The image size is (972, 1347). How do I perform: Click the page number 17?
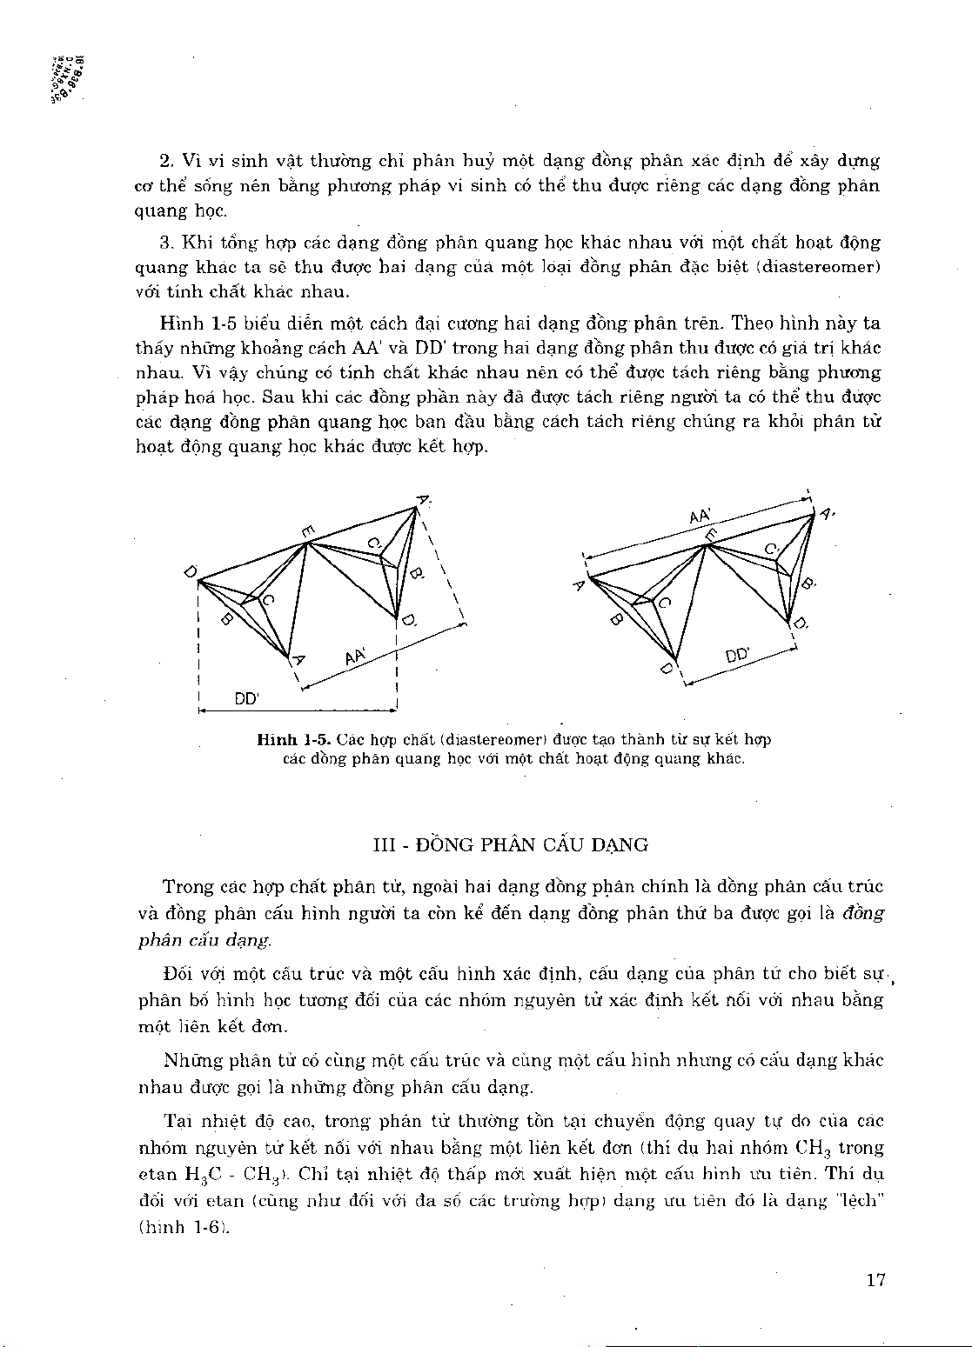(875, 1280)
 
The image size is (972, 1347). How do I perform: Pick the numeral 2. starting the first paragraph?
(167, 161)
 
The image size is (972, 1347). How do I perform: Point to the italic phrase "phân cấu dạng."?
(204, 940)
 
